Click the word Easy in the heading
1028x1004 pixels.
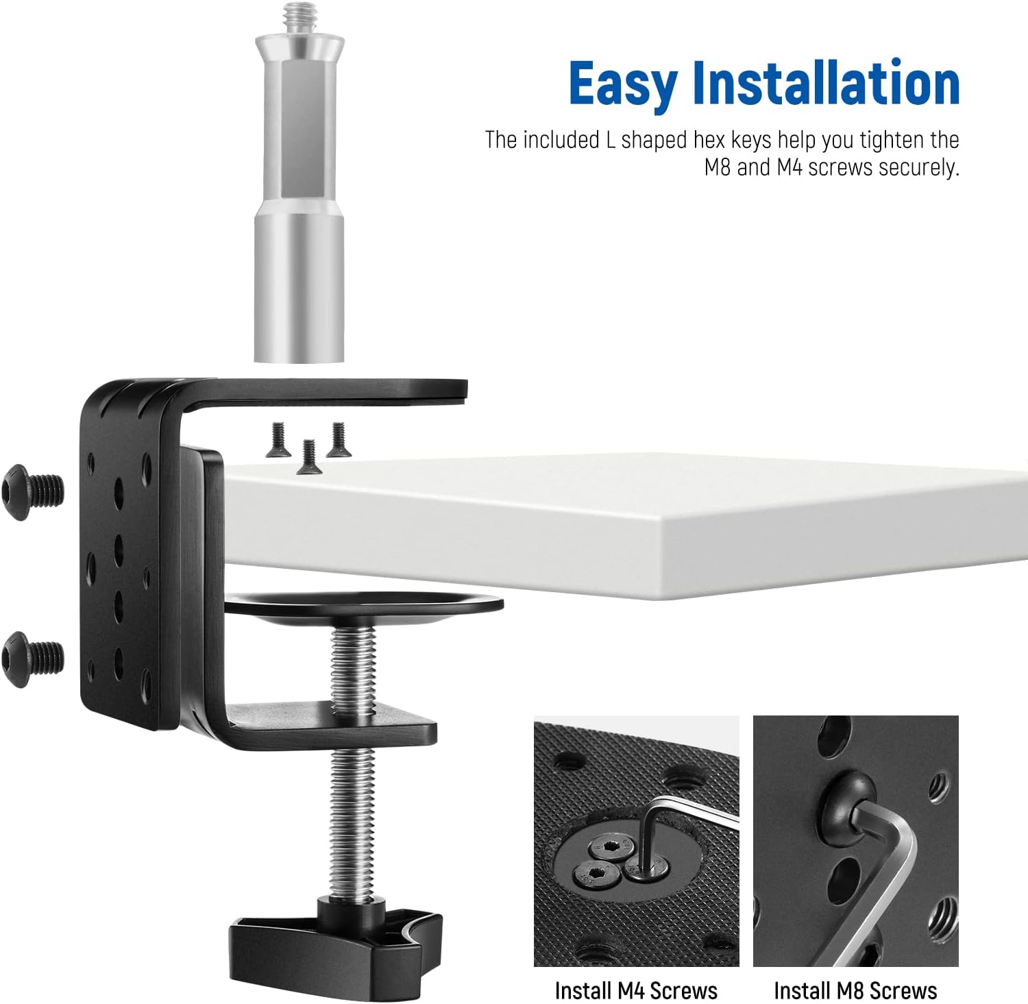coord(622,84)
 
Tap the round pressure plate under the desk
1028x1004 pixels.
coord(363,608)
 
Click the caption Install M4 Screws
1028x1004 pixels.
coord(636,990)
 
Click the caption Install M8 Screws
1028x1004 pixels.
coord(855,990)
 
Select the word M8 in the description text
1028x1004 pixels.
coord(718,167)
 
